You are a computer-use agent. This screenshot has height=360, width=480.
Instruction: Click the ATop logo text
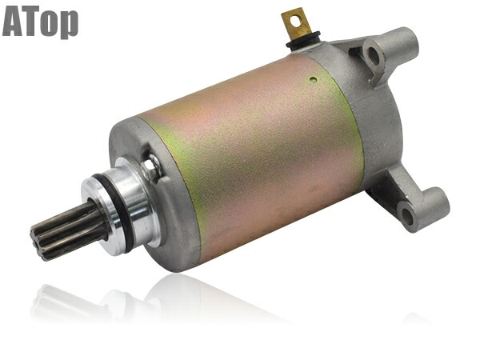[x=40, y=22]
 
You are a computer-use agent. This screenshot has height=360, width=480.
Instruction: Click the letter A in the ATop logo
[x=13, y=22]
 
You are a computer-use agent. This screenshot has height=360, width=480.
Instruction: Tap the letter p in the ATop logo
[x=70, y=25]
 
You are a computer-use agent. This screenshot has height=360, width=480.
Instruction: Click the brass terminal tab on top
[x=297, y=22]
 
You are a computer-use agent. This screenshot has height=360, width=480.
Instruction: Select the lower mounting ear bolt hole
[x=406, y=216]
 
